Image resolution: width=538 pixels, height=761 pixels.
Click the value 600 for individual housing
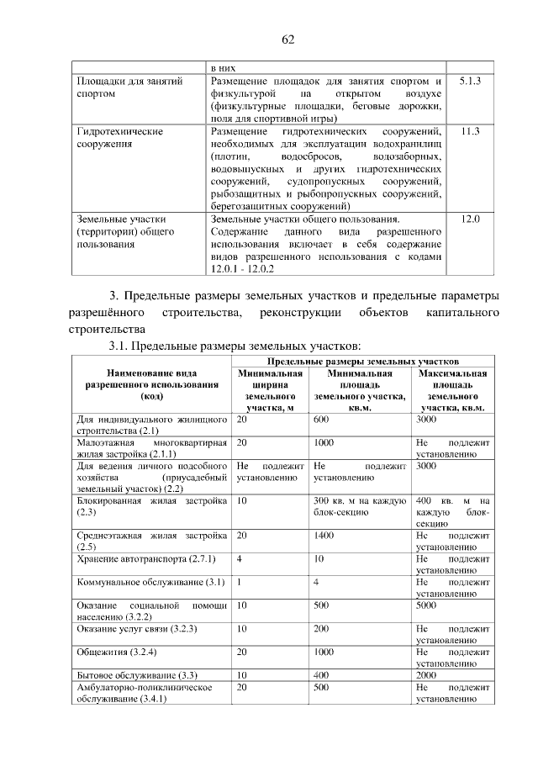tap(320, 419)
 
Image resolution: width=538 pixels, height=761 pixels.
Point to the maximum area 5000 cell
tap(427, 605)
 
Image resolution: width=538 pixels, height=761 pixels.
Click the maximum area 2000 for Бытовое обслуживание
tap(427, 675)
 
